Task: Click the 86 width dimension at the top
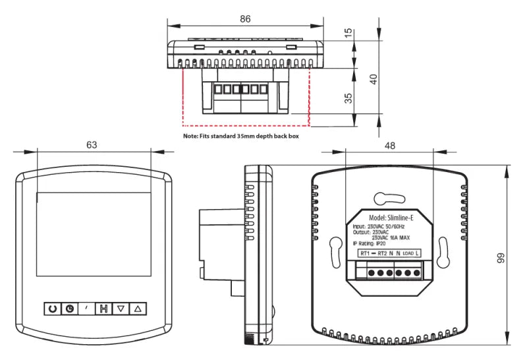pyautogui.click(x=245, y=19)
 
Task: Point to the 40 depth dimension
pyautogui.click(x=374, y=78)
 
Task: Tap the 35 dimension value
pyautogui.click(x=348, y=97)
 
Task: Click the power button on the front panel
pyautogui.click(x=52, y=308)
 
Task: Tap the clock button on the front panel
pyautogui.click(x=69, y=308)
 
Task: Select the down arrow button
pyautogui.click(x=121, y=308)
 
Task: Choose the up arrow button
pyautogui.click(x=138, y=308)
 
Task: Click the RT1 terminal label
pyautogui.click(x=364, y=253)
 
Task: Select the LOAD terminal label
pyautogui.click(x=407, y=253)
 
